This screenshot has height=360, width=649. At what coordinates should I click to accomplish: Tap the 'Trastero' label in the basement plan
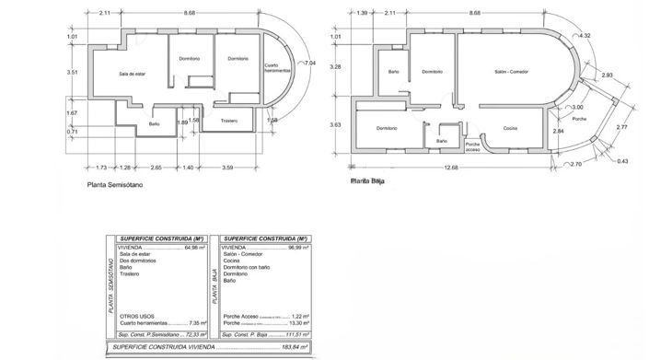click(229, 120)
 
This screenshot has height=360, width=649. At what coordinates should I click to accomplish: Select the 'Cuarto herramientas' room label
click(271, 72)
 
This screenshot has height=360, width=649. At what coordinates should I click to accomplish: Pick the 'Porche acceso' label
click(472, 147)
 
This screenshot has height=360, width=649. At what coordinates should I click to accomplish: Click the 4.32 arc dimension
click(583, 35)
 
